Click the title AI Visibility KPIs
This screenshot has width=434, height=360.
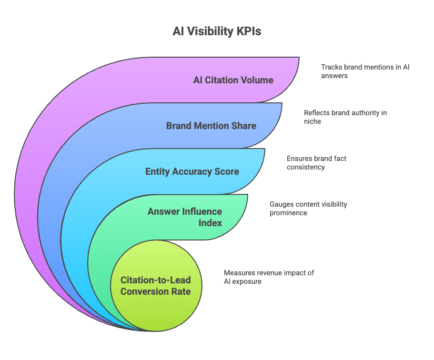click(217, 31)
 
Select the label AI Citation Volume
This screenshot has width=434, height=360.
click(233, 80)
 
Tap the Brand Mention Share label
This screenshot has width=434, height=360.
click(211, 126)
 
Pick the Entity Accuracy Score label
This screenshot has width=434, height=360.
click(192, 171)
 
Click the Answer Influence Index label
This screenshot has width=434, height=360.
click(185, 217)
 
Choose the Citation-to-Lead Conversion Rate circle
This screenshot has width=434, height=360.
click(155, 286)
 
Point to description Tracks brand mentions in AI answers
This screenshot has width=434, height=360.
click(365, 71)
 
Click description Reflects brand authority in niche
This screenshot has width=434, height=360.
click(345, 117)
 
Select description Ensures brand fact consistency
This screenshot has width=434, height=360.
click(316, 163)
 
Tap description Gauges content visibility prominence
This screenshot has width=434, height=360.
click(308, 208)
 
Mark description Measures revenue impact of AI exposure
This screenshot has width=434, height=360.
click(269, 277)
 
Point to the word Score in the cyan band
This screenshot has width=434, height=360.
click(227, 171)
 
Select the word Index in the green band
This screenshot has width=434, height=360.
click(210, 222)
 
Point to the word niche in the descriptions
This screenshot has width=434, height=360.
click(313, 121)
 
